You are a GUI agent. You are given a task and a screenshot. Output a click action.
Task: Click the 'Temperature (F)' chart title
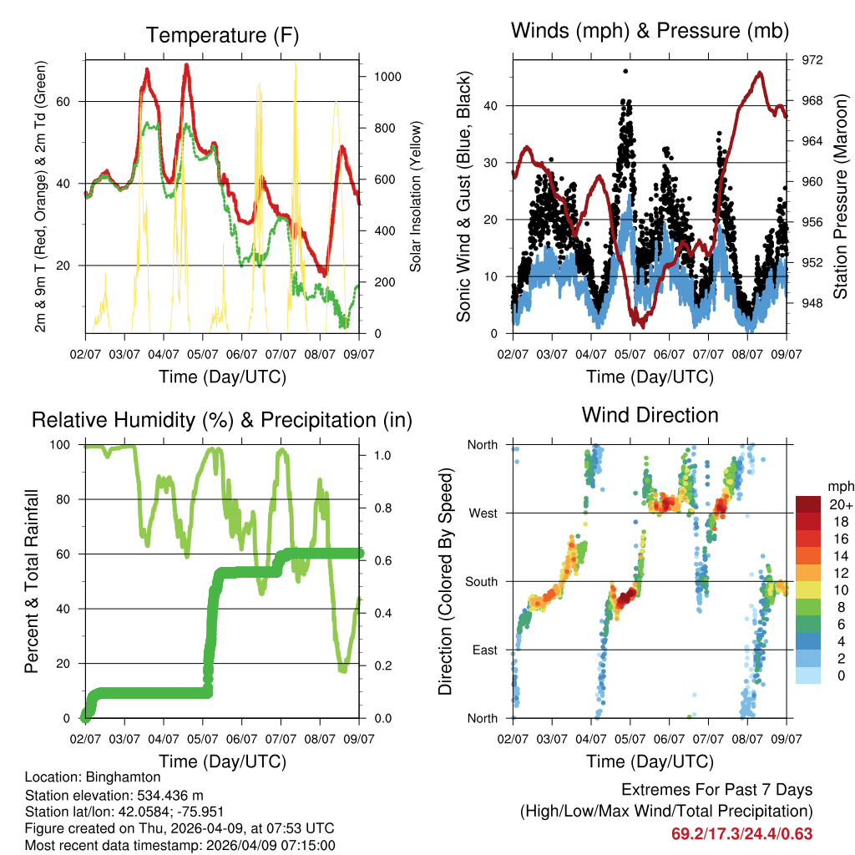point(222,35)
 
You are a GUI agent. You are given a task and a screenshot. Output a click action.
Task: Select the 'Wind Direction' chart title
point(650,414)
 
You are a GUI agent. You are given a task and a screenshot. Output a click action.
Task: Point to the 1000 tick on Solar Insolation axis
point(387,76)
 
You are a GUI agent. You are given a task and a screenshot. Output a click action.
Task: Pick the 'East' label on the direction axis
point(483,650)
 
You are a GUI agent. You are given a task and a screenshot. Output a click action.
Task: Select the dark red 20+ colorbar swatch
point(808,504)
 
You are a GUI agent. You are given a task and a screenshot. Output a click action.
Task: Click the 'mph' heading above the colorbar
point(838,486)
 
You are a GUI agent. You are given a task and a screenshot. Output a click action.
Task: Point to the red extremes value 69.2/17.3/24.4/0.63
point(741,833)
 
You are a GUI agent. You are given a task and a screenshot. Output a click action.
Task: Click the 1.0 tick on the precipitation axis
point(382,456)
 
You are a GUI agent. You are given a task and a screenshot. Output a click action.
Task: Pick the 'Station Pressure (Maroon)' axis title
point(840,195)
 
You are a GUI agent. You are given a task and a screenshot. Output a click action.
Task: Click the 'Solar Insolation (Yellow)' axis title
point(415,195)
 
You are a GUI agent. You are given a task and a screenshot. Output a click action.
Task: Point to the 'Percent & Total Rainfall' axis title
point(31,581)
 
